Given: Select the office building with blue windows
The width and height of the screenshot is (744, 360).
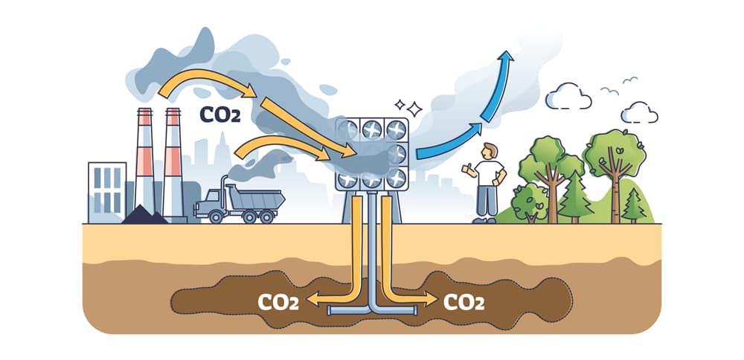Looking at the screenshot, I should coord(106,192).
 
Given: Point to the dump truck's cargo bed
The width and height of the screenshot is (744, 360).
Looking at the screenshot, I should coord(257,198).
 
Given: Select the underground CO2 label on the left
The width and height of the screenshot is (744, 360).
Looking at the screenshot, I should coord(278,302).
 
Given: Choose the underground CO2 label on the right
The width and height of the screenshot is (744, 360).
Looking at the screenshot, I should coord(464,302).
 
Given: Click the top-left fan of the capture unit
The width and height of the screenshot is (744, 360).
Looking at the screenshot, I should coord(347,129).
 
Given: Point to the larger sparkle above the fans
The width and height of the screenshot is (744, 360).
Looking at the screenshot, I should coord(414,109).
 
